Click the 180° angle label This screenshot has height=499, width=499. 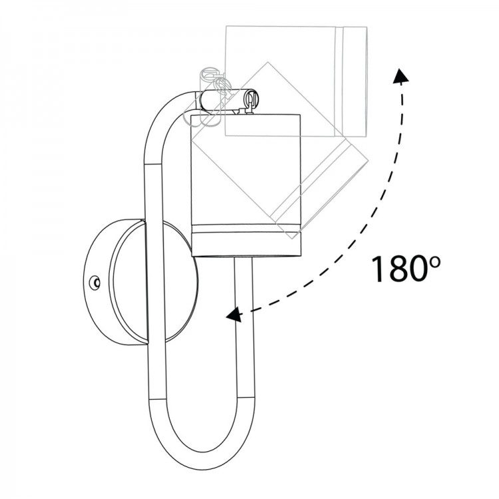click(405, 268)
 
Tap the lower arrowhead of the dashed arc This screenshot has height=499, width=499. click(233, 315)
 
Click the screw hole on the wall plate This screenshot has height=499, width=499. click(94, 283)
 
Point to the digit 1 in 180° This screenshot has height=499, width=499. click(379, 269)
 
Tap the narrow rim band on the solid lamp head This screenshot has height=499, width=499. click(246, 230)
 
